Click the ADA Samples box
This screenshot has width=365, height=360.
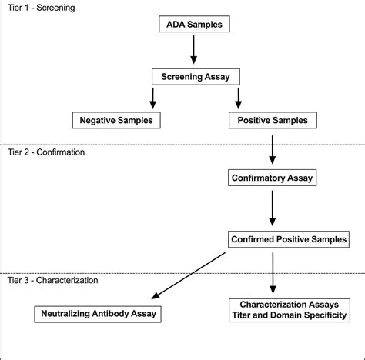pyautogui.click(x=194, y=24)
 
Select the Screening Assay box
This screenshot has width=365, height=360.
pyautogui.click(x=196, y=77)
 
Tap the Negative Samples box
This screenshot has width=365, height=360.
pyautogui.click(x=116, y=120)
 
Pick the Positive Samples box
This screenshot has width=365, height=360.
pyautogui.click(x=273, y=120)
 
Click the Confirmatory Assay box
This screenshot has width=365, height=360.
pyautogui.click(x=273, y=178)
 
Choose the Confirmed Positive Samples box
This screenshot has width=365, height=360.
pyautogui.click(x=289, y=239)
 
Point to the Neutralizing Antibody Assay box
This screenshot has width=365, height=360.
pyautogui.click(x=98, y=314)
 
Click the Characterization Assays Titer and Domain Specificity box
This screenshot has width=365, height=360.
pyautogui.click(x=290, y=310)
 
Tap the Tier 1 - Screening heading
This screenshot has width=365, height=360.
pyautogui.click(x=42, y=8)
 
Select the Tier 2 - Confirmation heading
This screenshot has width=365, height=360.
pyautogui.click(x=46, y=152)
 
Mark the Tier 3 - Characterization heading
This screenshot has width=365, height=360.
pyautogui.click(x=52, y=280)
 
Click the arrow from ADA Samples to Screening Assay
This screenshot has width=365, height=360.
pyautogui.click(x=194, y=50)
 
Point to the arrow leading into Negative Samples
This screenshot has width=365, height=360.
pyautogui.click(x=153, y=98)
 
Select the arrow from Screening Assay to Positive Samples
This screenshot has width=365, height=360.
pyautogui.click(x=239, y=98)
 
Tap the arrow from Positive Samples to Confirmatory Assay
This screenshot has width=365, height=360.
pyautogui.click(x=273, y=150)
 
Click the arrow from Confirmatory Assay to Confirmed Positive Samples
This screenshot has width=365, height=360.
pyautogui.click(x=273, y=208)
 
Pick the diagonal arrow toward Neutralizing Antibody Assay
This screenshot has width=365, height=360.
pyautogui.click(x=189, y=275)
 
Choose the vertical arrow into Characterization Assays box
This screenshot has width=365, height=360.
pyautogui.click(x=273, y=273)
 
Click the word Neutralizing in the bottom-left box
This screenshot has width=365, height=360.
pyautogui.click(x=65, y=314)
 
